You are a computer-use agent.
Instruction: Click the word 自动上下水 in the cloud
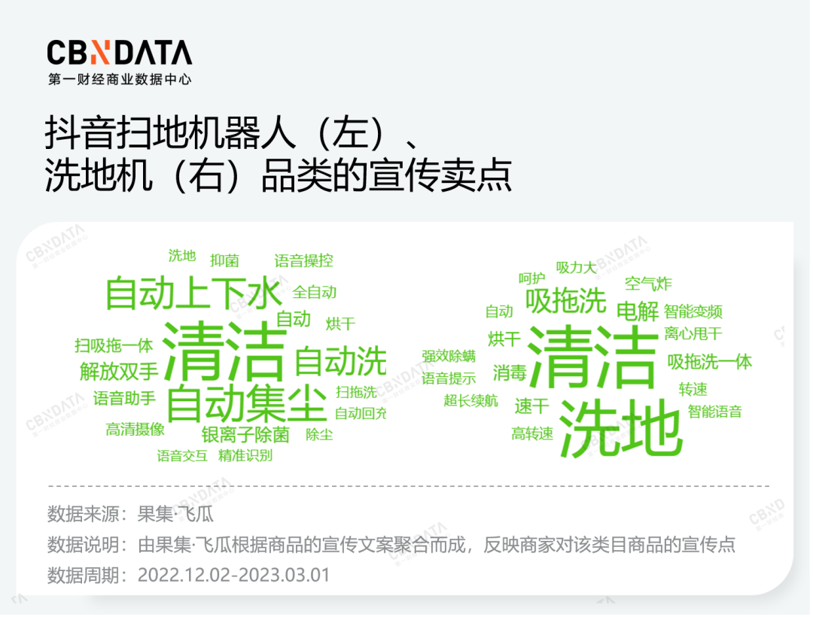[194, 293]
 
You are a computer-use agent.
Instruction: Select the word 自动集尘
[247, 403]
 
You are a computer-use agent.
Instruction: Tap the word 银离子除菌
[245, 435]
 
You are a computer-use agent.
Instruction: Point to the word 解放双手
[119, 372]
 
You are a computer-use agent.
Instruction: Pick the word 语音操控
[303, 260]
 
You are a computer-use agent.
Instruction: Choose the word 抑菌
[224, 260]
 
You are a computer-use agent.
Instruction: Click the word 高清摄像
[135, 429]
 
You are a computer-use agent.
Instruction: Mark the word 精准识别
[245, 455]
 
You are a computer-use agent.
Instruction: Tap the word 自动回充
[361, 413]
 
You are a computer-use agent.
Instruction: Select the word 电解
[638, 312]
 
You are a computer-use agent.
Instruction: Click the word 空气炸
[648, 284]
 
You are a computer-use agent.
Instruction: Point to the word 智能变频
[693, 312]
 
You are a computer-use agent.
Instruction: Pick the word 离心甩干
[693, 333]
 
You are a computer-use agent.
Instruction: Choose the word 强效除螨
[449, 356]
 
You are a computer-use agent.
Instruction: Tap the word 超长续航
[470, 400]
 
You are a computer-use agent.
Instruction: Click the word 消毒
[510, 372]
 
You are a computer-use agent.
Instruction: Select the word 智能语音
[715, 412]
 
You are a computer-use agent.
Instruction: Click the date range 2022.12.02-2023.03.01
[234, 575]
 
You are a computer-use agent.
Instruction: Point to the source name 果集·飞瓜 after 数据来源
[175, 514]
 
